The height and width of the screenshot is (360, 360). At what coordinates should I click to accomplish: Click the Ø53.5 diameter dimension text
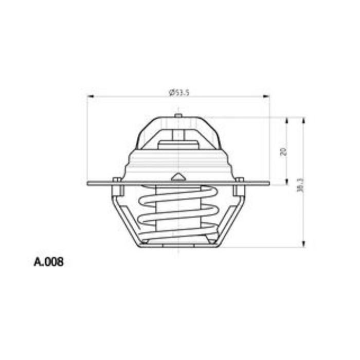click(178, 92)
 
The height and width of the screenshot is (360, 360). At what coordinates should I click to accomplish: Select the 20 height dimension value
click(282, 151)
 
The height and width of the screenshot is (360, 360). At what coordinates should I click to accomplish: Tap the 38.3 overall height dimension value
click(301, 185)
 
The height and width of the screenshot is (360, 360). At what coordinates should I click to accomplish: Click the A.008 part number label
click(49, 262)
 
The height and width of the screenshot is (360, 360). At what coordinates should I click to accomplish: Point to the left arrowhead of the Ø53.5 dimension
click(91, 97)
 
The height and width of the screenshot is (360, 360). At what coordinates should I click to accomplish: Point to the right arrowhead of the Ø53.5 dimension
click(266, 97)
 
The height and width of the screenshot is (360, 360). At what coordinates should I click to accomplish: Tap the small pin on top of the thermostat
click(178, 115)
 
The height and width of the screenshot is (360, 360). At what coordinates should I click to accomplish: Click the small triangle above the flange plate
click(178, 176)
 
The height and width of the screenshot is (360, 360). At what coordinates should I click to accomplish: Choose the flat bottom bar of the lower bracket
click(178, 246)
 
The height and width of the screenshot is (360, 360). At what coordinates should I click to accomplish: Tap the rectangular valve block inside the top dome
click(178, 145)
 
